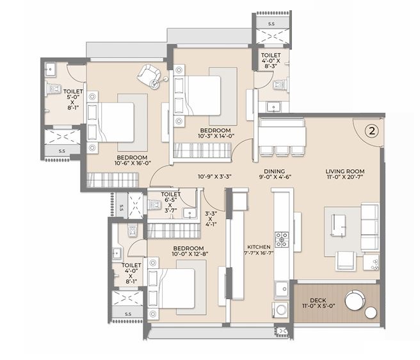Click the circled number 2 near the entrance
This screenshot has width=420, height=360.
pos(372,131)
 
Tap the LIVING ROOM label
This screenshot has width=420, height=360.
pos(345,171)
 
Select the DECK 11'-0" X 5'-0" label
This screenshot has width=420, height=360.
pos(318,303)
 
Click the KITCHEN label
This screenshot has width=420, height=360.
pos(259,247)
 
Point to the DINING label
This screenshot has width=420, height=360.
pos(274,171)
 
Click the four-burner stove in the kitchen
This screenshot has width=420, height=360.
pos(282,240)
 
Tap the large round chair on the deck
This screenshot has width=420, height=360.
pos(355,300)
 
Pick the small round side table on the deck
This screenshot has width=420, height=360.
pos(371,313)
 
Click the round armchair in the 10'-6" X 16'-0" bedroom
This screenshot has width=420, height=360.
pos(149,75)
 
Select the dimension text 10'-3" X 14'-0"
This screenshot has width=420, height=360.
pos(216,136)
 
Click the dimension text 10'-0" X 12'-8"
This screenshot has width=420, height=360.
pos(190,254)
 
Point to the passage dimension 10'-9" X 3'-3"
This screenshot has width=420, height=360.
pos(215,177)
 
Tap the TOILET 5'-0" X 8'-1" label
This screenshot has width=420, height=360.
pos(73,100)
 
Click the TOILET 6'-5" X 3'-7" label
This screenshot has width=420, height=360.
pos(171,202)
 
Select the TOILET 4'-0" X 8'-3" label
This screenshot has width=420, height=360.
pos(271,61)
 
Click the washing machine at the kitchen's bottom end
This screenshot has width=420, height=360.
pos(280,310)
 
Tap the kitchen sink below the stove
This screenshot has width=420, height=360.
pos(281,289)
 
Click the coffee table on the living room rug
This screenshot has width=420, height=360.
pos(338,225)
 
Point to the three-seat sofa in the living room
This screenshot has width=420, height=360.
pos(370,227)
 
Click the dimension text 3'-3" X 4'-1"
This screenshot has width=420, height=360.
pos(211,219)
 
